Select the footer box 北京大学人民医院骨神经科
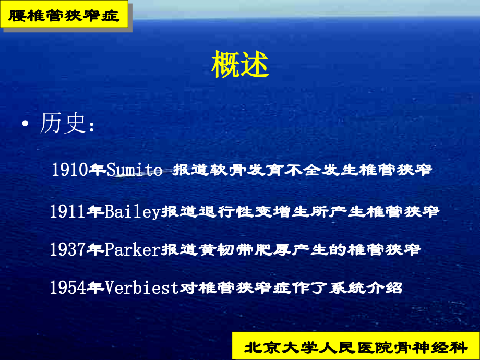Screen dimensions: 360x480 tap(356, 346)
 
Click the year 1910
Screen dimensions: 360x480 tap(69, 170)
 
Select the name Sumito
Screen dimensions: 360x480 tap(134, 170)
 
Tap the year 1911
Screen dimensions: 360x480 tap(68, 211)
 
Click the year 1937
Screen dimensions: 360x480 tap(68, 249)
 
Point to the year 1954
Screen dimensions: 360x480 tap(68, 287)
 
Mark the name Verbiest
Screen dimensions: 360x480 tap(142, 287)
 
